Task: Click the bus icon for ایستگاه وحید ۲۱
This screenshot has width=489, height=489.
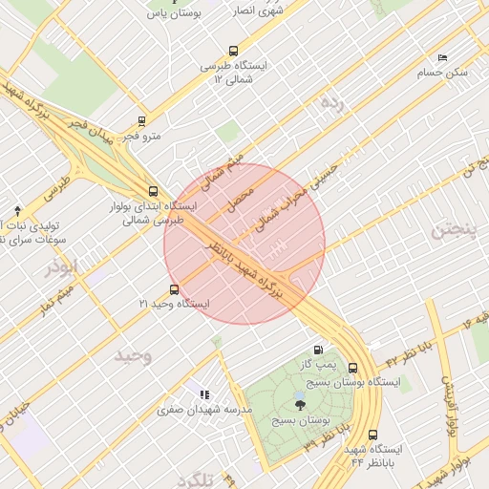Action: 173,289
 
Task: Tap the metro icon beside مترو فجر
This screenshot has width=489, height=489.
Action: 141,122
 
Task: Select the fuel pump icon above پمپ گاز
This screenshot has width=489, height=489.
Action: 318,350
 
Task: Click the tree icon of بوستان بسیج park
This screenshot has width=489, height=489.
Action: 301,407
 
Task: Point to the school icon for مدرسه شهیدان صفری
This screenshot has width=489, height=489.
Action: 203,394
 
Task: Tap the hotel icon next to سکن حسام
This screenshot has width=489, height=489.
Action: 441,58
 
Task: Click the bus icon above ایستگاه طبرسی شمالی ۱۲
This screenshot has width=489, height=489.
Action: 233,52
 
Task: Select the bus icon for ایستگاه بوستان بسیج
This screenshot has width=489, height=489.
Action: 353,368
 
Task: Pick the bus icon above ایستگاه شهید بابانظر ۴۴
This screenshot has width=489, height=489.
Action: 369,434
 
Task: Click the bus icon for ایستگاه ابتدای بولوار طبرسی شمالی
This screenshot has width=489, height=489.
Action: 153,191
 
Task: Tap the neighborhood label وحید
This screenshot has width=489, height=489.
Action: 134,355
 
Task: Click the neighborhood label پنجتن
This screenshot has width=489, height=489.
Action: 451,229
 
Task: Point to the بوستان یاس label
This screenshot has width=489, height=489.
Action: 174,13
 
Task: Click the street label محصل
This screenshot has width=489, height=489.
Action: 242,198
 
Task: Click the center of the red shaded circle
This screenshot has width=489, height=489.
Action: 245,244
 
